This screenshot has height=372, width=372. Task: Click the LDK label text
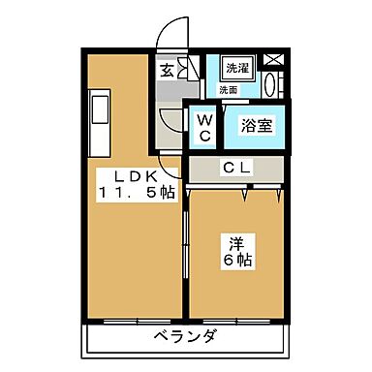(127, 175)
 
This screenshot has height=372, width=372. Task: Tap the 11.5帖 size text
(136, 192)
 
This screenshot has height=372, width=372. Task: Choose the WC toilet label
(205, 127)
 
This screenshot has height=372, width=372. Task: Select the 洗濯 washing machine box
(236, 68)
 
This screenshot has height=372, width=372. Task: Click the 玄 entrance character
(168, 70)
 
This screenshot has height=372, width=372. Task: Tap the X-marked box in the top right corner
(274, 58)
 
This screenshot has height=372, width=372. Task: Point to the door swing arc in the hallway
(170, 124)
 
